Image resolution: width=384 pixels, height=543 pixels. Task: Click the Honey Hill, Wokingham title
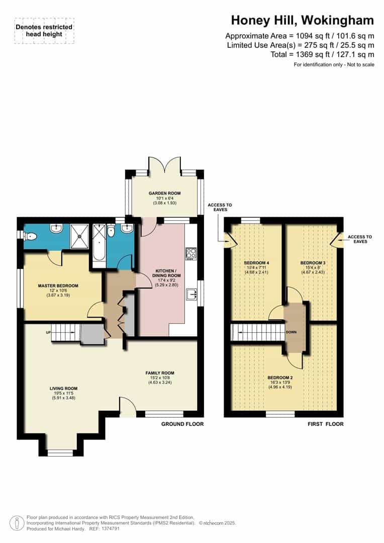click(302, 21)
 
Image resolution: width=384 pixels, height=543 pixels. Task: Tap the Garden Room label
click(164, 193)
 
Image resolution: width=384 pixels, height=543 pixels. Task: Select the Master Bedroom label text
click(58, 286)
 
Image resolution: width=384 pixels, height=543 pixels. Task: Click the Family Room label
click(160, 373)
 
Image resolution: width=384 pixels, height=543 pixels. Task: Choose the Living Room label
click(63, 388)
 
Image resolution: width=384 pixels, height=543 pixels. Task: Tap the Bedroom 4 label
click(256, 263)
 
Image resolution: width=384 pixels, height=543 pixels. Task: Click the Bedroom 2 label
click(280, 378)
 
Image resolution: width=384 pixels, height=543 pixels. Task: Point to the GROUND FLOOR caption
click(182, 424)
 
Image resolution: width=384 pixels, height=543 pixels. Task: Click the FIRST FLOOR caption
click(325, 424)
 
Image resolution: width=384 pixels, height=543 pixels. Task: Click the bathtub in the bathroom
click(98, 244)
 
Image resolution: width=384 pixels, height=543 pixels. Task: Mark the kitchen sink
click(191, 294)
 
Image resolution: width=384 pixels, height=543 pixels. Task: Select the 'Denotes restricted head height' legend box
click(44, 30)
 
